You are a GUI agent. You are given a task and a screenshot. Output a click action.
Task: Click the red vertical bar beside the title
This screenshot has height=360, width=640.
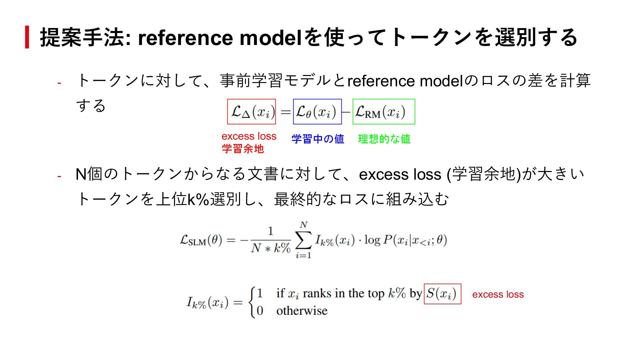pyautogui.click(x=27, y=37)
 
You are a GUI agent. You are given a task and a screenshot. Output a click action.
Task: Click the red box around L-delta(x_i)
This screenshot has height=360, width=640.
pyautogui.click(x=251, y=112)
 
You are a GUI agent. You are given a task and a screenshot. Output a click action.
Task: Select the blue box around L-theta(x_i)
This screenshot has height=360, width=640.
pyautogui.click(x=317, y=112)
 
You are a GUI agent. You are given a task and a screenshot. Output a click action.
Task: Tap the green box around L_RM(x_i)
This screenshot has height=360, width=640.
pyautogui.click(x=384, y=112)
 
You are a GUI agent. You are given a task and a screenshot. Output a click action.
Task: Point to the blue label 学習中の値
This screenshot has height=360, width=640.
pyautogui.click(x=318, y=139)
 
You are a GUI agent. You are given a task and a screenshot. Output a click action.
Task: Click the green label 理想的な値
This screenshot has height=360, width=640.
pyautogui.click(x=384, y=139)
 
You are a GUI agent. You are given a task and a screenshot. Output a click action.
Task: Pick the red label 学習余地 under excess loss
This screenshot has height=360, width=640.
pyautogui.click(x=243, y=149)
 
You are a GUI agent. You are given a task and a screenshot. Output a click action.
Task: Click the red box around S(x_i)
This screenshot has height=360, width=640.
pyautogui.click(x=442, y=294)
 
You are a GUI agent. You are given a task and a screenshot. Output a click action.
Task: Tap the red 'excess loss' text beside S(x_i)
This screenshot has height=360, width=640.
pyautogui.click(x=498, y=294)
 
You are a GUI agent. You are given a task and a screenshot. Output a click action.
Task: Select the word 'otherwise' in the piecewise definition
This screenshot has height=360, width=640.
pyautogui.click(x=302, y=311)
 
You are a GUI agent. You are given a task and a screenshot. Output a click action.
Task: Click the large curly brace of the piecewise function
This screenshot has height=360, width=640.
pyautogui.click(x=252, y=302)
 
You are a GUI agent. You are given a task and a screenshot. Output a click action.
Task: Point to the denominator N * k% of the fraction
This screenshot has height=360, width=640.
pyautogui.click(x=270, y=248)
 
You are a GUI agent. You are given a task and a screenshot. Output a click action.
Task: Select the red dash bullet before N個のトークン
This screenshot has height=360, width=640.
pyautogui.click(x=59, y=176)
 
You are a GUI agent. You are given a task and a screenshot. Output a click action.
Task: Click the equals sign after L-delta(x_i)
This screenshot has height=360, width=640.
pyautogui.click(x=285, y=112)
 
